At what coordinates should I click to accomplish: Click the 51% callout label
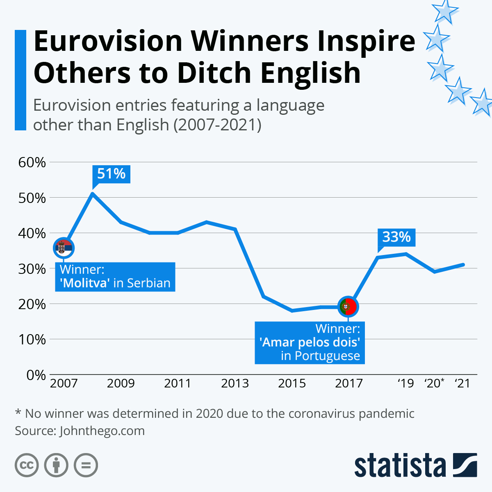(111, 174)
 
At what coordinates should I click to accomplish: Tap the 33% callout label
(396, 237)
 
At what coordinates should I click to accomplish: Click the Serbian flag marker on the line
(64, 248)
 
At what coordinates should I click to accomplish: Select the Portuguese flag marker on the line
(348, 306)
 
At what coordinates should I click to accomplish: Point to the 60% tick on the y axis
(32, 162)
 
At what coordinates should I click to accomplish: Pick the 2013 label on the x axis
(235, 383)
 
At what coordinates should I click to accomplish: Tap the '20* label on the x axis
(434, 383)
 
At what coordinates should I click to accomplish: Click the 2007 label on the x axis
(64, 383)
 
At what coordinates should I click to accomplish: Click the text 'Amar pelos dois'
(310, 342)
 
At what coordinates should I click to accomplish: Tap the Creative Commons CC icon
(27, 465)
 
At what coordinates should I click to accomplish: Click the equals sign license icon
(86, 465)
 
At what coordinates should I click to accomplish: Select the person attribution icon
(56, 465)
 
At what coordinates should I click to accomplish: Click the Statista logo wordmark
(400, 465)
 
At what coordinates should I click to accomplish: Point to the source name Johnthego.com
(102, 431)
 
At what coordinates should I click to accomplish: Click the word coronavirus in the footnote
(315, 413)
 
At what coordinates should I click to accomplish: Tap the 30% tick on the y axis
(32, 269)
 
